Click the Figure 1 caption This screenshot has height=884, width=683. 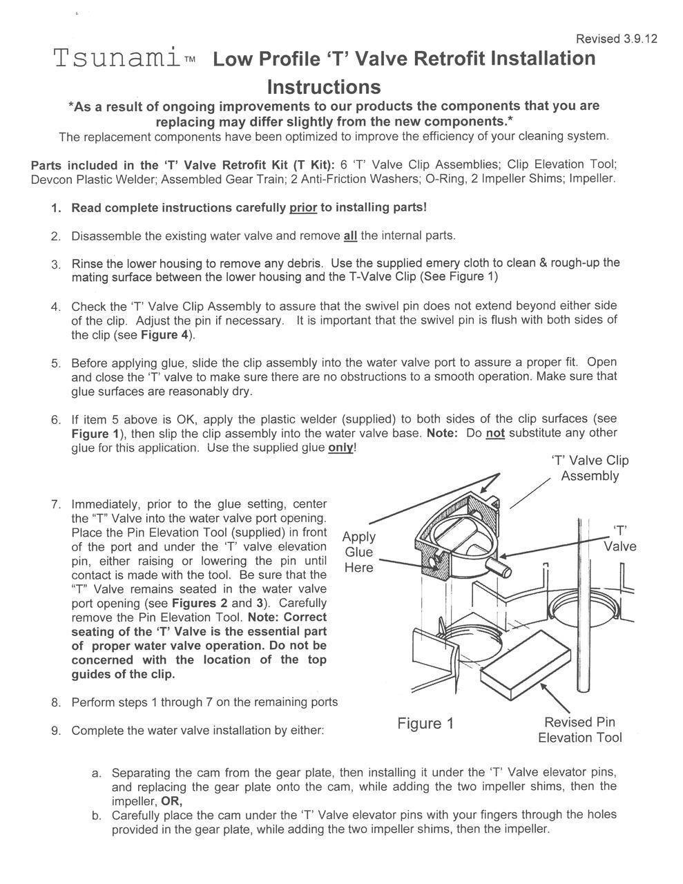(425, 723)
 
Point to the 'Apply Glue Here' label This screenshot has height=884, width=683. (359, 552)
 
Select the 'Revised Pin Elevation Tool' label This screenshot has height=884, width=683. (579, 730)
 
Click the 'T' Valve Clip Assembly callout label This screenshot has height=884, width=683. (589, 468)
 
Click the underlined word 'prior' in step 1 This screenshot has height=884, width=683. (303, 207)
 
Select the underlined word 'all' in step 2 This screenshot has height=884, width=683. (350, 236)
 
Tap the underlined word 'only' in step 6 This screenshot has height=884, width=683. (342, 448)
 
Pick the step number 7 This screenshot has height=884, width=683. (56, 504)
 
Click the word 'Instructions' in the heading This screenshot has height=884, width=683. (323, 87)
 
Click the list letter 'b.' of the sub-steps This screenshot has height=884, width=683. (97, 816)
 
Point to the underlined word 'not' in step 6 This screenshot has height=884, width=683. (495, 433)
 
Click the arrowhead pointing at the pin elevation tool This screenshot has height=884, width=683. (544, 686)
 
